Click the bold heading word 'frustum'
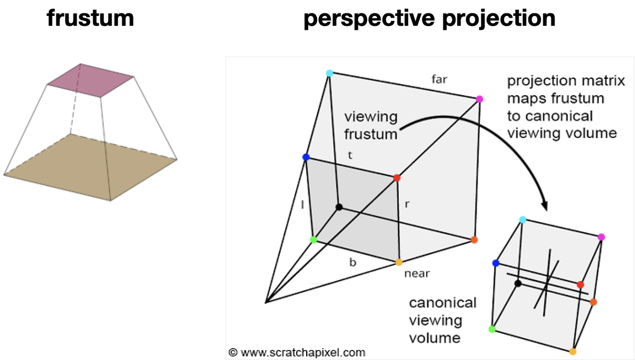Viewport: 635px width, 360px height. pyautogui.click(x=90, y=18)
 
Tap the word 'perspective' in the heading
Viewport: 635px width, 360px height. pyautogui.click(x=369, y=19)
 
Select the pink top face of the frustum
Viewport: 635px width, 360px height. pyautogui.click(x=90, y=80)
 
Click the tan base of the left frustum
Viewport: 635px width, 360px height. pyautogui.click(x=90, y=167)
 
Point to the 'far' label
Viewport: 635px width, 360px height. pyautogui.click(x=439, y=79)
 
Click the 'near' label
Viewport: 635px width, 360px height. pyautogui.click(x=417, y=274)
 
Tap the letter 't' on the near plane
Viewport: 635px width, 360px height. pyautogui.click(x=350, y=155)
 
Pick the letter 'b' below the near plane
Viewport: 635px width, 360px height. pyautogui.click(x=353, y=262)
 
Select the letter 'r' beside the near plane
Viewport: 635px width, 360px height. pyautogui.click(x=407, y=204)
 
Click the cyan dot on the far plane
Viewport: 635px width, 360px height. pyautogui.click(x=329, y=73)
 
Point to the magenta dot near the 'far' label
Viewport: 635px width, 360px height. pyautogui.click(x=479, y=99)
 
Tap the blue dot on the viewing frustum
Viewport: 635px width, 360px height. pyautogui.click(x=306, y=157)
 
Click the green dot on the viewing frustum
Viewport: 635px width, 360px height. pyautogui.click(x=313, y=240)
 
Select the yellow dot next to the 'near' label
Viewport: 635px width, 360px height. pyautogui.click(x=399, y=262)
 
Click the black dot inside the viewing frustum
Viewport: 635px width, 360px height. pyautogui.click(x=339, y=207)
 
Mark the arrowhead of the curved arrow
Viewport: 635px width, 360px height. pyautogui.click(x=545, y=206)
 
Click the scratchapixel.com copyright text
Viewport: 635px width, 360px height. pyautogui.click(x=297, y=353)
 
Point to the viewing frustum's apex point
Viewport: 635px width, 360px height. pyautogui.click(x=265, y=302)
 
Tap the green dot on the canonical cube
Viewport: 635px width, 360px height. pyautogui.click(x=492, y=329)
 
